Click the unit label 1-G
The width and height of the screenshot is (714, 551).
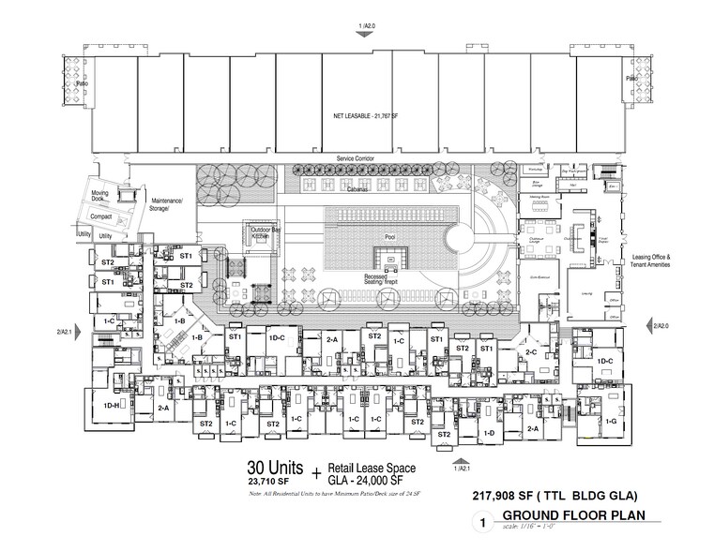[x=613, y=424]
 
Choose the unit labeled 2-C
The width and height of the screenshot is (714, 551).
[x=530, y=351]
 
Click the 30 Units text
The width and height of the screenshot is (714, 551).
[x=272, y=468]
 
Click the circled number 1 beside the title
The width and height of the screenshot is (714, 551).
[x=483, y=526]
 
